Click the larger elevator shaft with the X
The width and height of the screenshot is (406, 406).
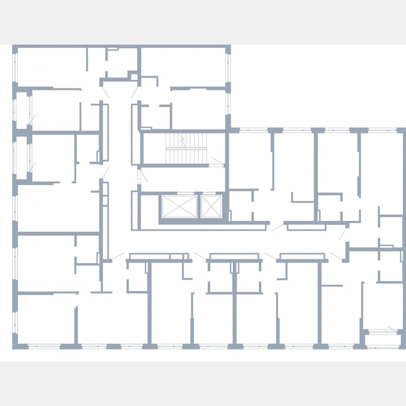click(179, 206)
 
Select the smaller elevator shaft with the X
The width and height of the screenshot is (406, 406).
click(211, 206)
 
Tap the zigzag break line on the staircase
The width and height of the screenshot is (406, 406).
click(182, 140)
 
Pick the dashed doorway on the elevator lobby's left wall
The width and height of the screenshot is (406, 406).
click(139, 177)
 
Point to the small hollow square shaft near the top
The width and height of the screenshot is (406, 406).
click(134, 77)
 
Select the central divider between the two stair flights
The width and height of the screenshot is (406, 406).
click(186, 148)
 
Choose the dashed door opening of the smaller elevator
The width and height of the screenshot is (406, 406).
click(211, 193)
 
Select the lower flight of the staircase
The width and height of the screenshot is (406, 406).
click(185, 156)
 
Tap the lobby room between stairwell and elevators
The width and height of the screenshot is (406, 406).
click(183, 179)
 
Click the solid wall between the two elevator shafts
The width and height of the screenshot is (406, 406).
click(199, 206)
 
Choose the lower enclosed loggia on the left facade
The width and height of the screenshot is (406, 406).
click(22, 157)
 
